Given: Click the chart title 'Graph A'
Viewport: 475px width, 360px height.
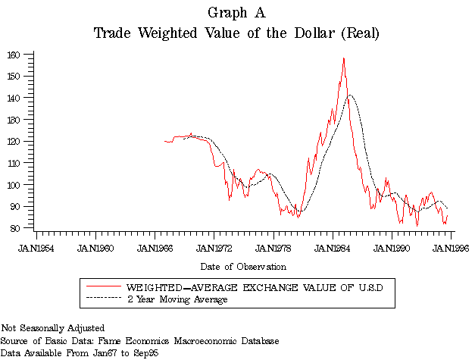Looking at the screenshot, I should (236, 13).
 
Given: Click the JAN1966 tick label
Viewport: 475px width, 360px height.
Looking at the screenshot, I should (155, 248).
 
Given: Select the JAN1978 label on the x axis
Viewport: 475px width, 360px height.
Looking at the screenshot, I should (273, 248).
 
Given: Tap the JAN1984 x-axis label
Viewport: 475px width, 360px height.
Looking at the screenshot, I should (333, 248).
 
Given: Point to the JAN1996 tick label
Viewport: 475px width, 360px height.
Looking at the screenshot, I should (451, 248).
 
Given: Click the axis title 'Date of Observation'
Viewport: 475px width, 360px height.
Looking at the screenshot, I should (243, 267).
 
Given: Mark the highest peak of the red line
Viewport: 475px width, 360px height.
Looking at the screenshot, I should (344, 58).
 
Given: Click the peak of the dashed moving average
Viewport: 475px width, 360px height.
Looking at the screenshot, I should (349, 95).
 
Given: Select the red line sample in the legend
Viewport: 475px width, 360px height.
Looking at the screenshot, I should (104, 288).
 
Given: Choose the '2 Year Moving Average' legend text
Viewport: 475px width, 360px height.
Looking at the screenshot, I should (177, 299).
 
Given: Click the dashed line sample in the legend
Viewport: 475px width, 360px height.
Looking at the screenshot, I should (104, 299).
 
